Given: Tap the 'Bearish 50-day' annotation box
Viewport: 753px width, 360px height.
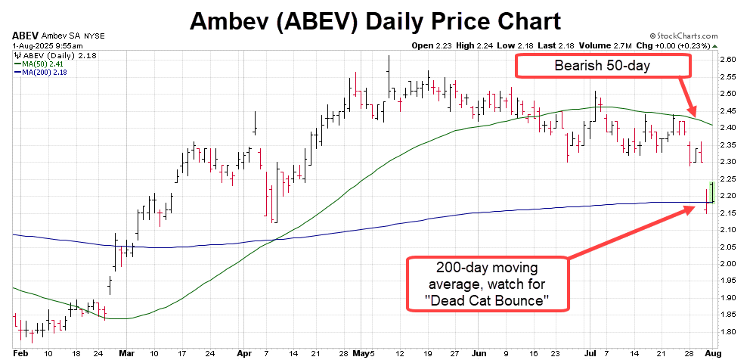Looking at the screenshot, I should click(x=603, y=66).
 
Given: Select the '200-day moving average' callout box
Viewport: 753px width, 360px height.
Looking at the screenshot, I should click(x=488, y=284).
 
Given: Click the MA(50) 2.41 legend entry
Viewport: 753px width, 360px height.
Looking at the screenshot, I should click(x=42, y=64).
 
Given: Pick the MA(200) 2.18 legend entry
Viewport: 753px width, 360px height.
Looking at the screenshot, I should click(x=43, y=72).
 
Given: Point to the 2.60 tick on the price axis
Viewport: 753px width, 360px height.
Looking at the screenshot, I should click(x=728, y=59).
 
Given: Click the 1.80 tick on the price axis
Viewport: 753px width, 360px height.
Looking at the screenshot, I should click(x=728, y=332).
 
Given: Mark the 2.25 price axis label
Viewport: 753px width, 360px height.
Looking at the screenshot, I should click(x=728, y=178).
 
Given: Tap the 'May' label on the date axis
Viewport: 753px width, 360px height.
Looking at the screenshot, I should click(x=364, y=353).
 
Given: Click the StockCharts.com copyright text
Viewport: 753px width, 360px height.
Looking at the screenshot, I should click(x=699, y=35).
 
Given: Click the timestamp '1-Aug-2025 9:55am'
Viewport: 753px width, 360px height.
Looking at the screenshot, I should click(x=42, y=45).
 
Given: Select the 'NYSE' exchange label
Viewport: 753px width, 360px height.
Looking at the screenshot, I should click(x=95, y=36).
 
